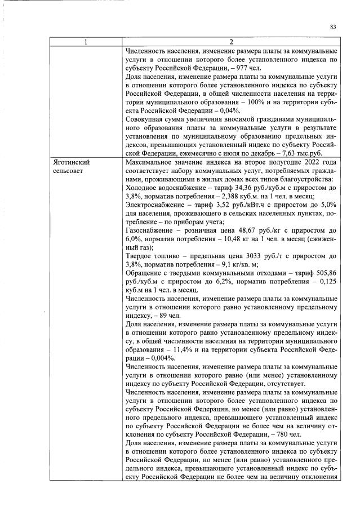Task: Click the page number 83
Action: [x=332, y=26]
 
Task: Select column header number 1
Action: [x=86, y=42]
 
